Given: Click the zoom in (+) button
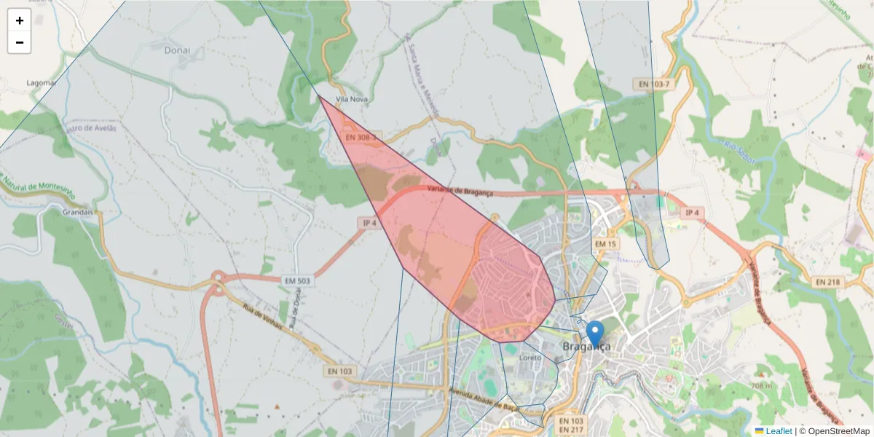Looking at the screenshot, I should coord(20,20).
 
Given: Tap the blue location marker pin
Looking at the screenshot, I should coord(595,334).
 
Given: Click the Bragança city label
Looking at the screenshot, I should coord(586,347).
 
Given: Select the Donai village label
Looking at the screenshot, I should coord(177,50).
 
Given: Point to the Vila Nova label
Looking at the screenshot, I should coord(352,99).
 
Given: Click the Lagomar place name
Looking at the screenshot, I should coord(42,83).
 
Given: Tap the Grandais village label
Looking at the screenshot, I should coord(79,212).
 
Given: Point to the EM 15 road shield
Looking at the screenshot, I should coord(605,243).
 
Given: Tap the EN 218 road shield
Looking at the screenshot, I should coord(828,281).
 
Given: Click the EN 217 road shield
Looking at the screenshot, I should coord(572,431).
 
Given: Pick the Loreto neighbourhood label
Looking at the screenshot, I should coord(532,358).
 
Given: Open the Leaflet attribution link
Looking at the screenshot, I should coord(779,431).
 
